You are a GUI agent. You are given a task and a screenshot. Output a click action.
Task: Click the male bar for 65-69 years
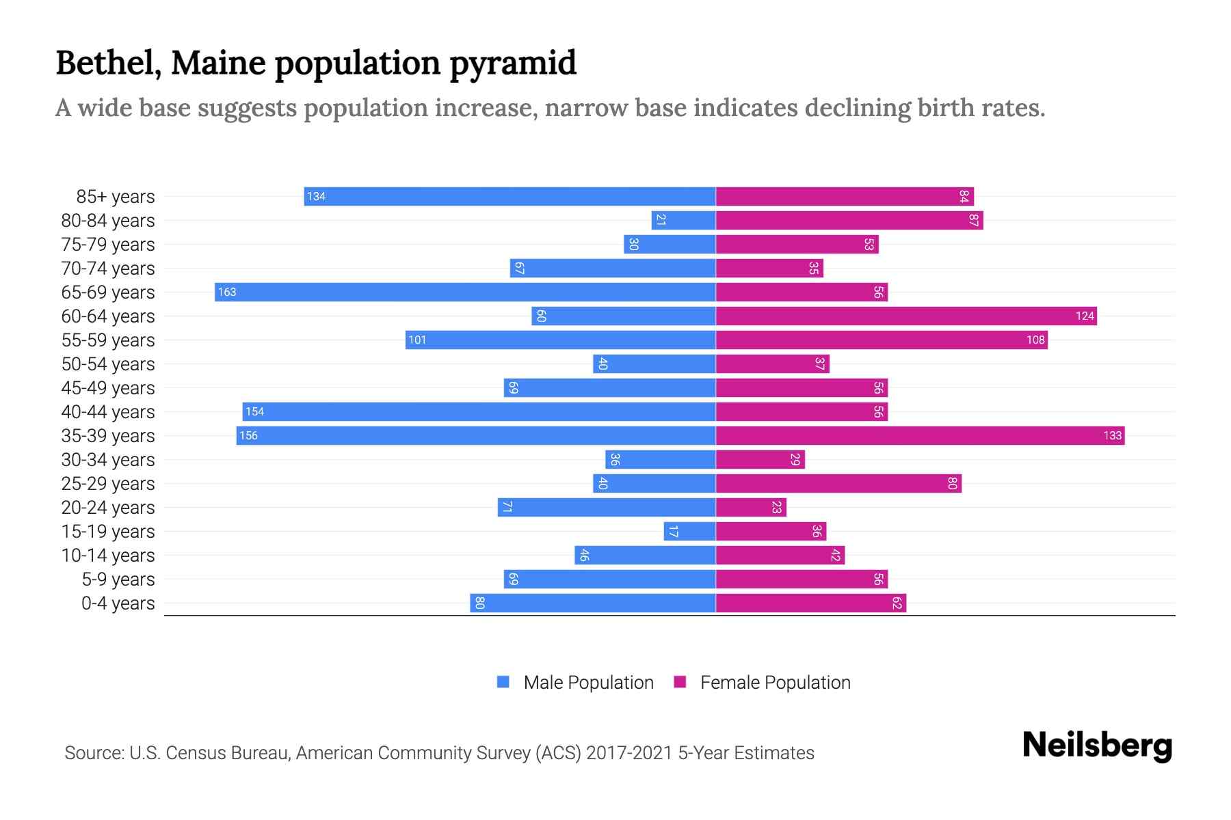pyautogui.click(x=465, y=292)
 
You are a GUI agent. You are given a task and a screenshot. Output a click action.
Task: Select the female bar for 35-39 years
pyautogui.click(x=920, y=435)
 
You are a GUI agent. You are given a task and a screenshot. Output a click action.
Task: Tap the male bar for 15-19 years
pyautogui.click(x=689, y=531)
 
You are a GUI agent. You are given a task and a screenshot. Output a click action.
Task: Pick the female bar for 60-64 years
pyautogui.click(x=906, y=316)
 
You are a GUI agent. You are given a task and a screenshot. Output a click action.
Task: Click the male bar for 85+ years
pyautogui.click(x=509, y=196)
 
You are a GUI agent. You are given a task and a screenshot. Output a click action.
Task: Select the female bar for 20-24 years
pyautogui.click(x=751, y=507)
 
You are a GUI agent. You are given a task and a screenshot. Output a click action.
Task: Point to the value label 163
pyautogui.click(x=227, y=292)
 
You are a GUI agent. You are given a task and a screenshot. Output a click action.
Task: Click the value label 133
pyautogui.click(x=1112, y=435)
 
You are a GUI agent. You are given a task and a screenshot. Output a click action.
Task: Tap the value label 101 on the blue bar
pyautogui.click(x=417, y=340)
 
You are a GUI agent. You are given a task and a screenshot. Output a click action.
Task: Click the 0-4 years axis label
pyautogui.click(x=118, y=603)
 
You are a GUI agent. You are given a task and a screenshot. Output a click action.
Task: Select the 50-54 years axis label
pyautogui.click(x=108, y=364)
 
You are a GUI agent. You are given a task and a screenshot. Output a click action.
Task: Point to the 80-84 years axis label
pyautogui.click(x=108, y=221)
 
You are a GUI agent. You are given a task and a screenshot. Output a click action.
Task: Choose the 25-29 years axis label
pyautogui.click(x=108, y=484)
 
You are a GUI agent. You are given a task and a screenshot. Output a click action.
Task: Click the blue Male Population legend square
pyautogui.click(x=503, y=682)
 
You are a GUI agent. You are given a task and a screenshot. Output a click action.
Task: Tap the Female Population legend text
pyautogui.click(x=775, y=683)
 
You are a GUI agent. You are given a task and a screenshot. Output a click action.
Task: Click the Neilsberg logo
pyautogui.click(x=1097, y=746)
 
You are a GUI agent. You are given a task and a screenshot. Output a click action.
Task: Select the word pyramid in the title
pyautogui.click(x=513, y=64)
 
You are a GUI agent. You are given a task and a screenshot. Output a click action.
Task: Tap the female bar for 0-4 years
pyautogui.click(x=811, y=603)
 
